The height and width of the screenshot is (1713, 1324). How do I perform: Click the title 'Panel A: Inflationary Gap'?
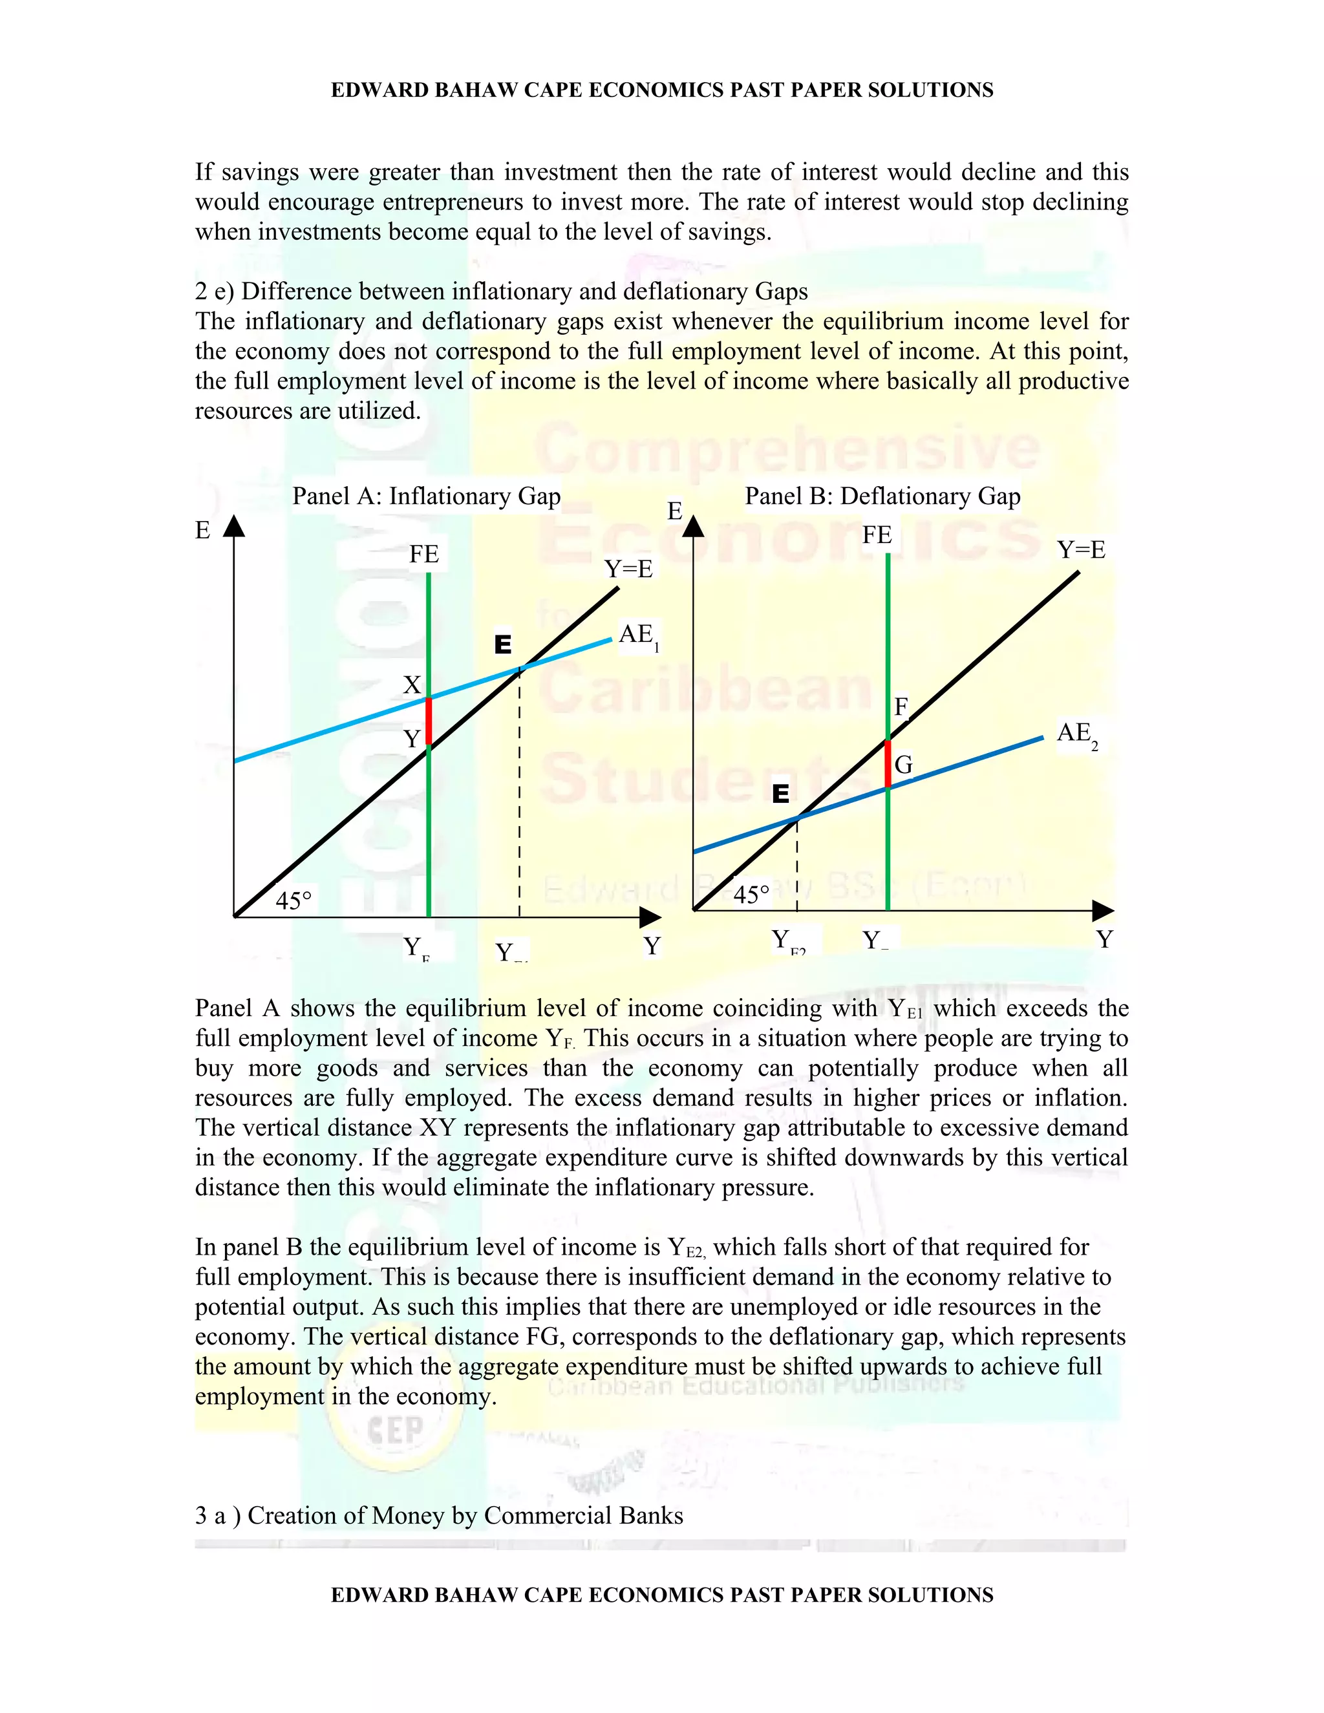coord(426,496)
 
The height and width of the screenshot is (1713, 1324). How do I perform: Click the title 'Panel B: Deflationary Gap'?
coord(882,496)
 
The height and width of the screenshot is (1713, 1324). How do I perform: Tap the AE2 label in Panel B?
coord(1076,734)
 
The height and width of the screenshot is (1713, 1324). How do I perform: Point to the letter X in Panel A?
coord(412,685)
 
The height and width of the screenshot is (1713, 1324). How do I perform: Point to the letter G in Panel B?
coord(904,765)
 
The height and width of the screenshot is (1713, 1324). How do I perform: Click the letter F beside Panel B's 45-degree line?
coord(901,707)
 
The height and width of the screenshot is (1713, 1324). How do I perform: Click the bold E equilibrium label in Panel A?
coord(503,644)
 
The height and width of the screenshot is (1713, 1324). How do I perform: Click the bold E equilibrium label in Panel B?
coord(780,794)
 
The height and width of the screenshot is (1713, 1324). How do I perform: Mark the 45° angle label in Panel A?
coord(294,900)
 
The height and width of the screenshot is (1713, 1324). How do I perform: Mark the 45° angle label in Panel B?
coord(751,895)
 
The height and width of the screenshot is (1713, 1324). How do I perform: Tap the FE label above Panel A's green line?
coord(423,555)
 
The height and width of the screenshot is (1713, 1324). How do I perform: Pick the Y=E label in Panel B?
coord(1080,550)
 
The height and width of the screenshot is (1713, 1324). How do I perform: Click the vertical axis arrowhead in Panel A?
coord(234,526)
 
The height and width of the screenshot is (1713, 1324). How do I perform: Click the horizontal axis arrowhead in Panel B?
coord(1103,911)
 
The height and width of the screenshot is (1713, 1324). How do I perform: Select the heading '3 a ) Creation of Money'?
coord(438,1515)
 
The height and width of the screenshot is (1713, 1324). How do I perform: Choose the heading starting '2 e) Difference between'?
coord(500,292)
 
